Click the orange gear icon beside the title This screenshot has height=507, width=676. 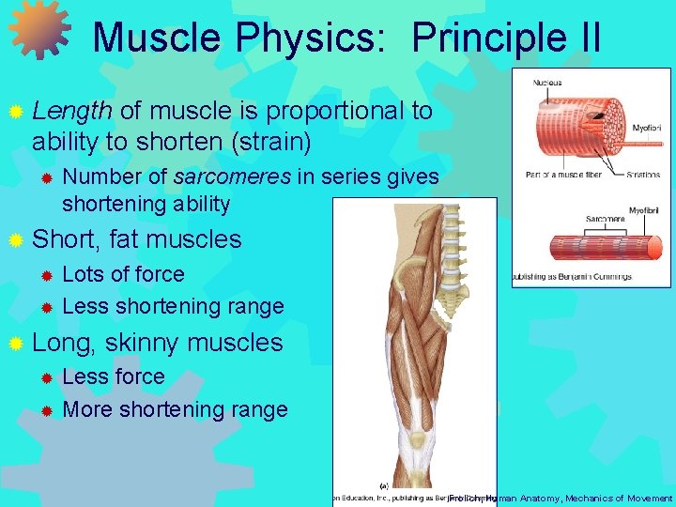coord(39,30)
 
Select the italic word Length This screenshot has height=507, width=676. coord(72,112)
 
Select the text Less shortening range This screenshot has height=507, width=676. coord(173,306)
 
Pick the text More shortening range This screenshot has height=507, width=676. coord(175,409)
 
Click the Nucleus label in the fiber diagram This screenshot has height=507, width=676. coord(547,83)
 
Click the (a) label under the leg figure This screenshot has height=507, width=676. coord(383,485)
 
